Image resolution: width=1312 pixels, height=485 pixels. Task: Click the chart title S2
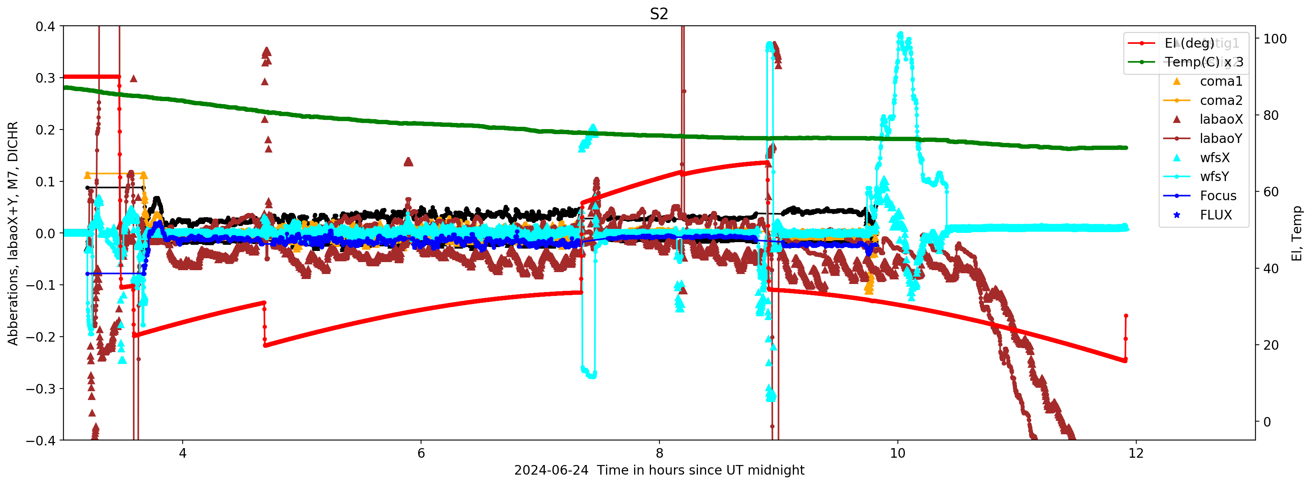pos(659,14)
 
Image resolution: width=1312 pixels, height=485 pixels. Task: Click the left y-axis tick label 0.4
pos(45,26)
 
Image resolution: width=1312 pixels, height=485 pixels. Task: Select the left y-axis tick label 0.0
pos(45,234)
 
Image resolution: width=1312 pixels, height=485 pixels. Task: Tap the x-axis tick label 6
pos(421,453)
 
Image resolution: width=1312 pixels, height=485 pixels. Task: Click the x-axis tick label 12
pos(1136,453)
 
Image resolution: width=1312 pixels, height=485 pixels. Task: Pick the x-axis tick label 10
pos(897,453)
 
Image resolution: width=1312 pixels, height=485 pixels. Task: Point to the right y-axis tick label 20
pos(1271,345)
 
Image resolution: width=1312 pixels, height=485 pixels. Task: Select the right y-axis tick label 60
pos(1271,192)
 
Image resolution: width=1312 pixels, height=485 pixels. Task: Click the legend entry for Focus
pos(1218,196)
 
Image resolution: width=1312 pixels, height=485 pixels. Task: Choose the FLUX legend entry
pos(1216,215)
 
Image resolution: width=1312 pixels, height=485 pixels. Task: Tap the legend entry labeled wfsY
pos(1214,177)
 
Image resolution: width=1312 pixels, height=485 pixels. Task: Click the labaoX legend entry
pos(1221,120)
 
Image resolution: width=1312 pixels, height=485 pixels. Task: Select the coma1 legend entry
pos(1221,81)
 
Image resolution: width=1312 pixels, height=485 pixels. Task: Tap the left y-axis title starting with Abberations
pos(13,234)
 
